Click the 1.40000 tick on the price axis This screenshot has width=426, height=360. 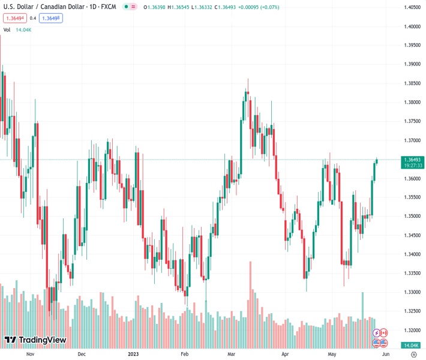pyautogui.click(x=411, y=26)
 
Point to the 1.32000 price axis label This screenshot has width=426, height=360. pyautogui.click(x=411, y=330)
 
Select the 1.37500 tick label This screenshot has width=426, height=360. pyautogui.click(x=411, y=121)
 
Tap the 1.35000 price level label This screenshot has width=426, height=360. pyautogui.click(x=411, y=216)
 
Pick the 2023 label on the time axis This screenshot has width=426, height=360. pyautogui.click(x=135, y=354)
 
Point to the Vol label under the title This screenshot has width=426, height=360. pyautogui.click(x=7, y=29)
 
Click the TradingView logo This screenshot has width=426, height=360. pyautogui.click(x=35, y=340)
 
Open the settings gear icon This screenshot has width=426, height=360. pyautogui.click(x=414, y=354)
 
